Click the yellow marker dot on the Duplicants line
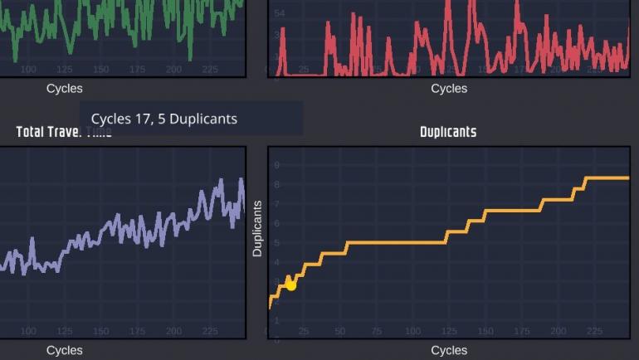tap(290, 285)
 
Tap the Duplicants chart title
tap(448, 132)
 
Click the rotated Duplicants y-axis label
tap(257, 228)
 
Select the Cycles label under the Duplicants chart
tap(449, 350)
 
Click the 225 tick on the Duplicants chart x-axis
tap(594, 332)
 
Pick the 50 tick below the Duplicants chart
tap(340, 332)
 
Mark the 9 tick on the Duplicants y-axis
tap(277, 165)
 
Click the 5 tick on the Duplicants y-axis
tap(277, 242)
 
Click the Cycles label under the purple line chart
tap(64, 350)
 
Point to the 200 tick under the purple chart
tap(173, 332)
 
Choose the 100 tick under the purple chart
tap(28, 332)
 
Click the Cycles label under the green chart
tap(64, 89)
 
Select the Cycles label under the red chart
tap(449, 89)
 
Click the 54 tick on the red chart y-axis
tap(280, 13)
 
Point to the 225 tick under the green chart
tap(210, 70)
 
